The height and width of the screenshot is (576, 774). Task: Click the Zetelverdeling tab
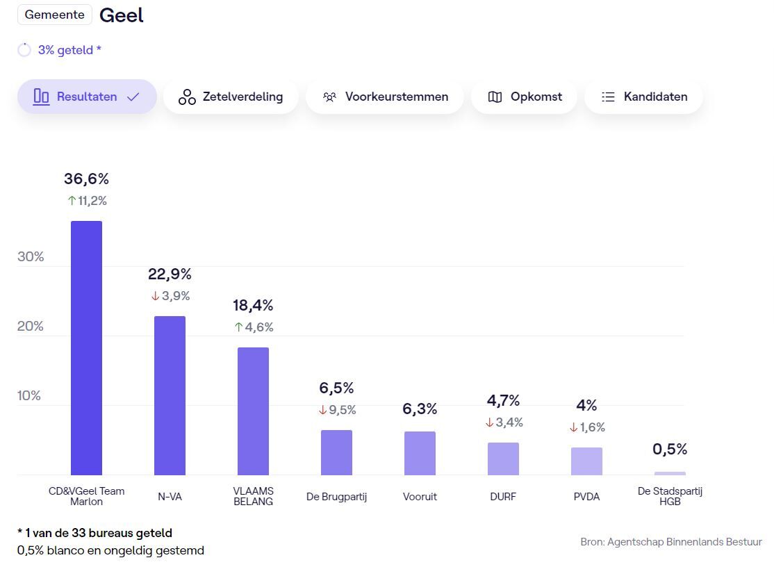click(x=231, y=97)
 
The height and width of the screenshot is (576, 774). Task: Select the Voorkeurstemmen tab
click(x=385, y=97)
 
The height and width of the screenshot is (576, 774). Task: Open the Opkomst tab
click(x=525, y=97)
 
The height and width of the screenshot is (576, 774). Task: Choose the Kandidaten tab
click(x=643, y=97)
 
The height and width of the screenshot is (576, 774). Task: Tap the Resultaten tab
click(x=87, y=97)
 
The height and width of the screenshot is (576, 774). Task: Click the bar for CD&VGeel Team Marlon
click(x=86, y=347)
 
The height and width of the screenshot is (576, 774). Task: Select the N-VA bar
click(x=170, y=395)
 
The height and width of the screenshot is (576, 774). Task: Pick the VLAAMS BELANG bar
click(x=253, y=411)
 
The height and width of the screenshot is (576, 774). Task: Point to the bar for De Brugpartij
click(x=336, y=452)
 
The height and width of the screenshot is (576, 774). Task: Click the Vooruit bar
click(x=420, y=453)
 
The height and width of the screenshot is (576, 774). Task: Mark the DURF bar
click(x=503, y=459)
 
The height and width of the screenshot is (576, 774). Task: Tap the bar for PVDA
click(x=586, y=461)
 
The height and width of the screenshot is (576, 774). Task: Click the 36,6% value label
click(x=86, y=179)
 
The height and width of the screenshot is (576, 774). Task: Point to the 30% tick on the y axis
click(x=31, y=257)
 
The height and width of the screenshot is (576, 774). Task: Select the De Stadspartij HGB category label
click(x=670, y=496)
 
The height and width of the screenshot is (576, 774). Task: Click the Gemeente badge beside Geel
click(x=55, y=15)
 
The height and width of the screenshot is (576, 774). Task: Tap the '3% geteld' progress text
click(x=69, y=50)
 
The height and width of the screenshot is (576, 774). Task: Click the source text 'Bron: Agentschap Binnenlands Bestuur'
click(x=670, y=541)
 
